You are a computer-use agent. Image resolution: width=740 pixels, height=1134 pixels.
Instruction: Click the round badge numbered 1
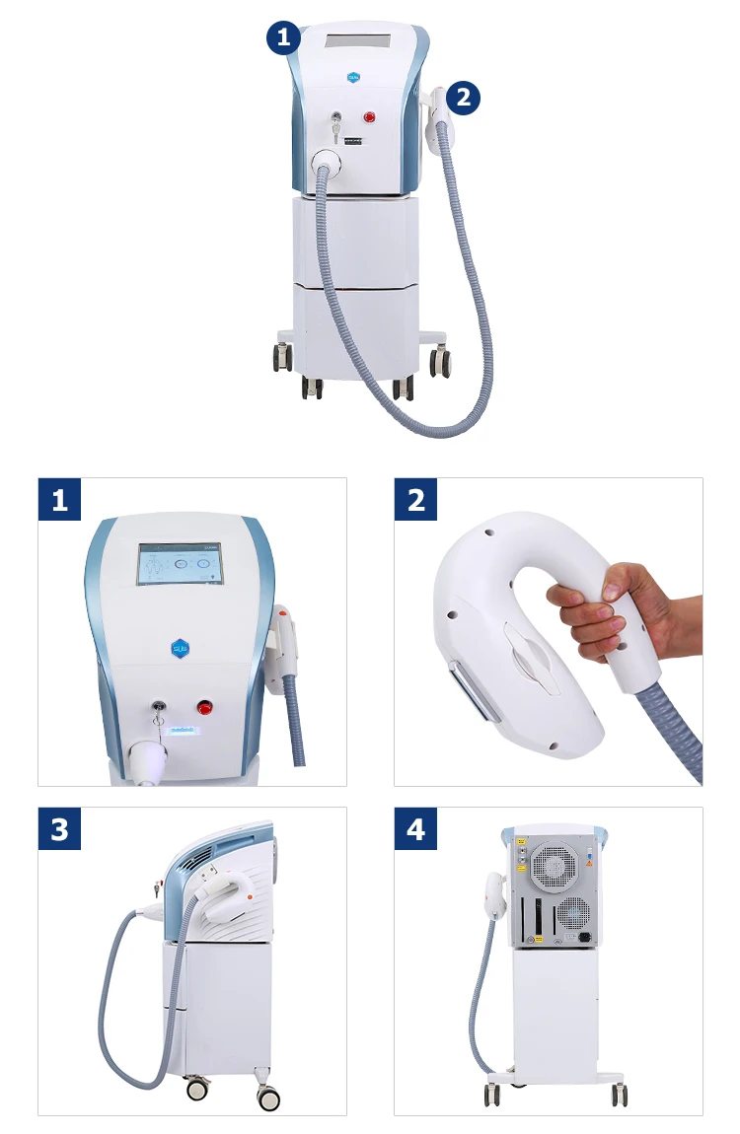coord(283,38)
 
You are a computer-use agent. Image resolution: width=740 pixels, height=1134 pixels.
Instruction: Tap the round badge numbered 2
coord(463,98)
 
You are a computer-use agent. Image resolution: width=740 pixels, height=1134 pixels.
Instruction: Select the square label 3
coord(59,828)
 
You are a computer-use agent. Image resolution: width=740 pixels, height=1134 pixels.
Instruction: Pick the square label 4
coord(415,828)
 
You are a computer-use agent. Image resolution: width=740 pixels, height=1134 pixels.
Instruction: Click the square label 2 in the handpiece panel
coord(415,500)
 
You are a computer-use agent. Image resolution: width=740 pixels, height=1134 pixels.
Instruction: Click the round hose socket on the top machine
coord(327,162)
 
